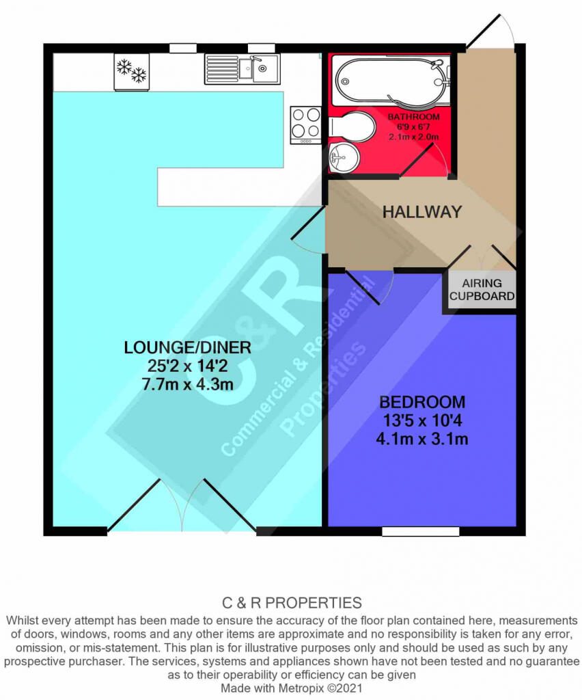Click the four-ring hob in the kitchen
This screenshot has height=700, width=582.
pos(305,124)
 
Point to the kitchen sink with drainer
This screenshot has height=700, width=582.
pos(242,69)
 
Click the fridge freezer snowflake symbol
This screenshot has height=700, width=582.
pos(132,71)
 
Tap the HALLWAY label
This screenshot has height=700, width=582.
pos(422,212)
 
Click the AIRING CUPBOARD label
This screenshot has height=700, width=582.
pos(482,289)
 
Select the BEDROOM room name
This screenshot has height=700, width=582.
pos(422,402)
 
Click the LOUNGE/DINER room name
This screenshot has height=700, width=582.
pos(187,347)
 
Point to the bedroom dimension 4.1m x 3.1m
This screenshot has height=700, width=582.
pos(422,440)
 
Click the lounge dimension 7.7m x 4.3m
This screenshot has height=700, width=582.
pos(187,384)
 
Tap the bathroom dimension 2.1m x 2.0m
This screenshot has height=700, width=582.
pos(413,137)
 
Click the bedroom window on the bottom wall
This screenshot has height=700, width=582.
pos(421,531)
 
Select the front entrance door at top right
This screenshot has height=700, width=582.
pos(490,29)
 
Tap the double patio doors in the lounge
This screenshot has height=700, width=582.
pos(182,505)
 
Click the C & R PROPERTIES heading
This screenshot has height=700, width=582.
pos(292,603)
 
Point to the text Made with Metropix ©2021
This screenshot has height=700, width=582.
pos(292,688)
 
